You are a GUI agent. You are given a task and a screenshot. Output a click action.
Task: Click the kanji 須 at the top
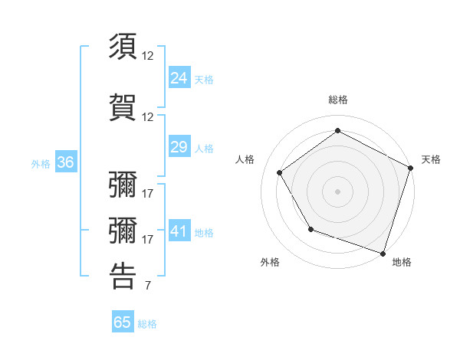click(123, 47)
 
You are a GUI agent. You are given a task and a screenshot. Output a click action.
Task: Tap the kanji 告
click(123, 276)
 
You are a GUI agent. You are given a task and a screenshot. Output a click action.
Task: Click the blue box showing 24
click(179, 77)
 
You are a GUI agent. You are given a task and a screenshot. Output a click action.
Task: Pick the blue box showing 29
click(179, 147)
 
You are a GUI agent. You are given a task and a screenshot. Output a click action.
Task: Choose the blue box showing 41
click(179, 231)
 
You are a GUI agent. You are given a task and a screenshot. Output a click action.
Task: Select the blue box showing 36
click(65, 162)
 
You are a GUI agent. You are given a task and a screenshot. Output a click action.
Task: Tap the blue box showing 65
click(123, 322)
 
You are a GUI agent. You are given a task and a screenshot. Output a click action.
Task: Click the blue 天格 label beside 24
click(204, 79)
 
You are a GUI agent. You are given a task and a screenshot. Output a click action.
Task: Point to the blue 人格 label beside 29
click(204, 149)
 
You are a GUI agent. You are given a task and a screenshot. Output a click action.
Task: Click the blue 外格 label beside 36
click(40, 163)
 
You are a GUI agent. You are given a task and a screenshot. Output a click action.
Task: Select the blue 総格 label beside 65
click(147, 324)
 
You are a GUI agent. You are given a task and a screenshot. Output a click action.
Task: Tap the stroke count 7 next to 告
click(147, 286)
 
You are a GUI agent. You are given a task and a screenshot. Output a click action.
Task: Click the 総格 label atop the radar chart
click(337, 100)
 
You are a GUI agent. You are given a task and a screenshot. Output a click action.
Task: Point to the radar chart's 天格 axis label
click(431, 159)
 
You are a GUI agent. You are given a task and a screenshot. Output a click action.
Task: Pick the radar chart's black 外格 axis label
click(270, 262)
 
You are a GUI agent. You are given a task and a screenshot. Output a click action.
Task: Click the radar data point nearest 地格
click(383, 253)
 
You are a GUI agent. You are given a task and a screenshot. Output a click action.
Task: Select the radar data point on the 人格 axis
click(279, 172)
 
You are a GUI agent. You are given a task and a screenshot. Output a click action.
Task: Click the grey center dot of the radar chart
click(337, 191)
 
